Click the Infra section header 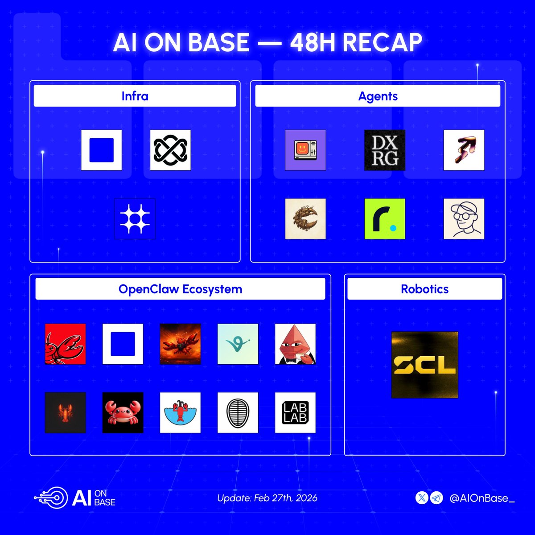pos(135,96)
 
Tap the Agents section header pos(378,96)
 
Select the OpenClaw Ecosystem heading pos(180,289)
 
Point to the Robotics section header pos(424,289)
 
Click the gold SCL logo pos(424,365)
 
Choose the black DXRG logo pos(385,150)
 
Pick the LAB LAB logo pos(295,412)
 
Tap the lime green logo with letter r pos(385,218)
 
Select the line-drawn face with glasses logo pos(464,218)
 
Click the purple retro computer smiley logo pos(305,150)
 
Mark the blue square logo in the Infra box pos(101,150)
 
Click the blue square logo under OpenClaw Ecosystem pos(123,344)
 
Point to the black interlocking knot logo pos(170,150)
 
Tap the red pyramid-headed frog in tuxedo pos(295,344)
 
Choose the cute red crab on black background pos(123,412)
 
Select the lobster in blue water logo pos(180,412)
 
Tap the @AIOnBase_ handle pos(481,498)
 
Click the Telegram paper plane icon pos(437,498)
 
